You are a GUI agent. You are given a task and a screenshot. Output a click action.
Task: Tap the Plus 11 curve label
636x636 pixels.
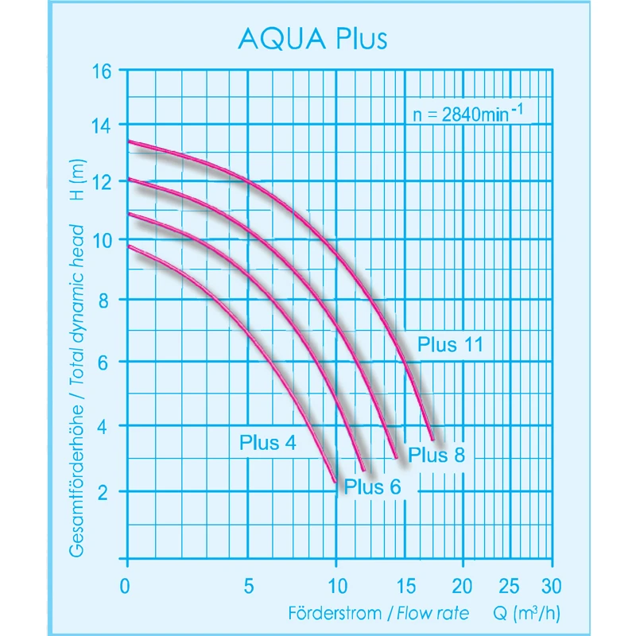pyautogui.click(x=451, y=344)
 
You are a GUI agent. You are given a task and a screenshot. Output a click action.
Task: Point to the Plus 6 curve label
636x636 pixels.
pyautogui.click(x=373, y=487)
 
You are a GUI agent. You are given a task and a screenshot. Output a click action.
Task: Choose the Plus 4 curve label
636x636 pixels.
pyautogui.click(x=268, y=443)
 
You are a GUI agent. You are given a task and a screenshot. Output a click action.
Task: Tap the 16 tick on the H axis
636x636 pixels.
pyautogui.click(x=102, y=69)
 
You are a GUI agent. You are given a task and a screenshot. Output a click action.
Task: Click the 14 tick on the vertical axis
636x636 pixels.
pyautogui.click(x=102, y=125)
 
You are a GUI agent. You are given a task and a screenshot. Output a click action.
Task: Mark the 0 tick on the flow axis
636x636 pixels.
pyautogui.click(x=125, y=586)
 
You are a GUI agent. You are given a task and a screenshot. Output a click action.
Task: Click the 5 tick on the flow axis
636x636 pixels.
pyautogui.click(x=249, y=586)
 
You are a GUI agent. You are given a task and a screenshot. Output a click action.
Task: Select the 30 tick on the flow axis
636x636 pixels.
pyautogui.click(x=550, y=586)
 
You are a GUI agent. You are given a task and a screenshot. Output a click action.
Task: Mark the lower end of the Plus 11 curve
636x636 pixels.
pyautogui.click(x=432, y=438)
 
